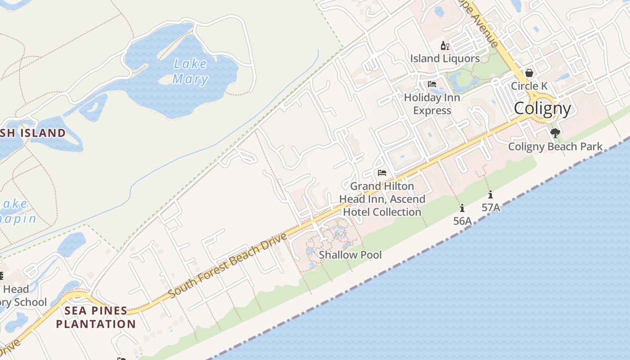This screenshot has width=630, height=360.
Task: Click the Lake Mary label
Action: tap(190, 72)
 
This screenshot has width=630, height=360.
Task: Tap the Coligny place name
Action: tap(542, 108)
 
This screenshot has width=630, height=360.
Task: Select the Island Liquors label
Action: tap(445, 58)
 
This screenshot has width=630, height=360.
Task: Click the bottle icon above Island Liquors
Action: tap(445, 45)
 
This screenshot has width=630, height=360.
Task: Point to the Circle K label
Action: tap(529, 86)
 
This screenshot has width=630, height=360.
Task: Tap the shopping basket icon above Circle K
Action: tap(529, 73)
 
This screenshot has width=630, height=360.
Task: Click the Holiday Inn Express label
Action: tap(432, 104)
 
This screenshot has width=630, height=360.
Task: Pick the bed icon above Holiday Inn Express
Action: tap(432, 84)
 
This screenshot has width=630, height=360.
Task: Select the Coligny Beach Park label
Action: tap(555, 146)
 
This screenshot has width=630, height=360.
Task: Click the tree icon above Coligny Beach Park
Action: tap(555, 133)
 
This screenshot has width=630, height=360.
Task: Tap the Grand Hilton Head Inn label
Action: tap(382, 199)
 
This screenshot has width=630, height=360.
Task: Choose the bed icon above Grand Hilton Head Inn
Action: tap(382, 173)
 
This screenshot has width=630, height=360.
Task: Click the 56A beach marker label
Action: tap(462, 221)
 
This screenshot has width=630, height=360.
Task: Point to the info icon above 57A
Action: tap(490, 195)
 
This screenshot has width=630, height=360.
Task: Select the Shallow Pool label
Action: tap(350, 255)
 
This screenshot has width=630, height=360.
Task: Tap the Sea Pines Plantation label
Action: tap(95, 317)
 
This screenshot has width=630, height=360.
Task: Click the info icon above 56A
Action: tap(462, 208)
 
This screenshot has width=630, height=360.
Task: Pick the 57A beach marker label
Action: tap(490, 208)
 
